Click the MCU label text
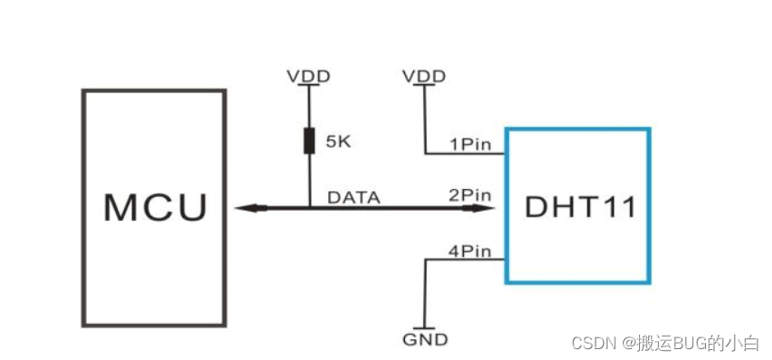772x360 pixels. (x=155, y=207)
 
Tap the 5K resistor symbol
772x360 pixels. (x=308, y=140)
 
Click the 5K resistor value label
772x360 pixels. (x=340, y=142)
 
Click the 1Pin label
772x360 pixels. (x=469, y=144)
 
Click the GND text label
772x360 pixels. (x=424, y=340)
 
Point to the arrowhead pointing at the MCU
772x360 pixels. (x=242, y=208)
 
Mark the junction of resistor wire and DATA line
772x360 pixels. (x=308, y=208)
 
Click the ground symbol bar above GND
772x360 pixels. (x=424, y=327)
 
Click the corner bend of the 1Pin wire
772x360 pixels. (x=424, y=153)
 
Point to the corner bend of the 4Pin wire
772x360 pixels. (x=424, y=260)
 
